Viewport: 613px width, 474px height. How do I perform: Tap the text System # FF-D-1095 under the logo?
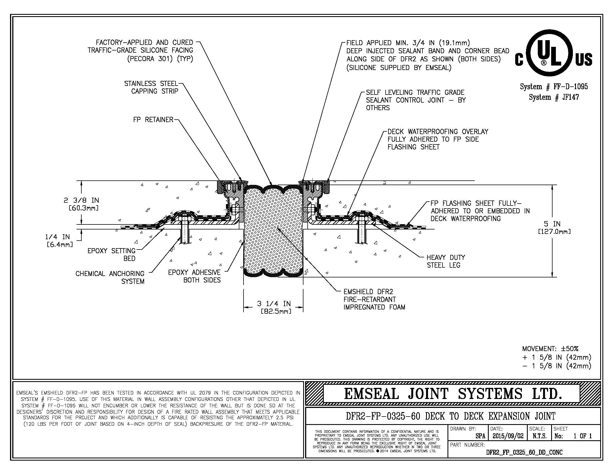(554, 86)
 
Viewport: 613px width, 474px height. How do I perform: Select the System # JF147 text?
(554, 97)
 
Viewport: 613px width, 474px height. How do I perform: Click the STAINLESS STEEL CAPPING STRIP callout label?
(152, 87)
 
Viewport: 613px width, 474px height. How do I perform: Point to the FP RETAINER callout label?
(153, 120)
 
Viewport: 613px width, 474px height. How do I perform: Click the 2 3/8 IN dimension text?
(81, 204)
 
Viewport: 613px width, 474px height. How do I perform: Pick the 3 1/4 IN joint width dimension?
(274, 307)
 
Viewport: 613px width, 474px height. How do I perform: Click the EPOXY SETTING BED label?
(112, 254)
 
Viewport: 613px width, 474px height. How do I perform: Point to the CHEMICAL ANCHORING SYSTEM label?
(110, 277)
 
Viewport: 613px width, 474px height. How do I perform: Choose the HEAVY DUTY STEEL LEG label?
(446, 261)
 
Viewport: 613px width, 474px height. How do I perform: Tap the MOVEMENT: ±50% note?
(550, 349)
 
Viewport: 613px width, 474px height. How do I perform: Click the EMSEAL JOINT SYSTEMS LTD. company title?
(453, 394)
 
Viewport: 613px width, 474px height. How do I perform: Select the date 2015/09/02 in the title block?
(508, 436)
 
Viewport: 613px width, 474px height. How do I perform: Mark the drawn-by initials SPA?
(481, 436)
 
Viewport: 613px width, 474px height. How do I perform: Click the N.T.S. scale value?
(539, 436)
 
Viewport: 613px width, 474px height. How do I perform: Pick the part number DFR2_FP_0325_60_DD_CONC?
(524, 452)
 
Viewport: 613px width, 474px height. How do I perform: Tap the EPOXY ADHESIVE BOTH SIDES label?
(194, 276)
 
